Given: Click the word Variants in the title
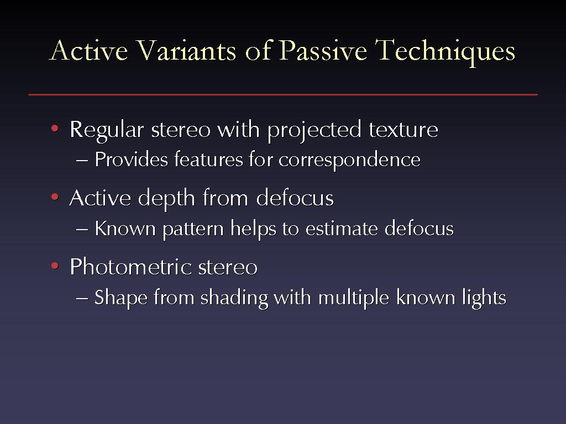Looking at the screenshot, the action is click(186, 50).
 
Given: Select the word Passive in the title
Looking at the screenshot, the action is click(323, 50).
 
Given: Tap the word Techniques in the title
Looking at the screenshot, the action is click(445, 52).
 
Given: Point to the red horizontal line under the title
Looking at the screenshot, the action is click(283, 95).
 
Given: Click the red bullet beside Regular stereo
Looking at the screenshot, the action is click(55, 128).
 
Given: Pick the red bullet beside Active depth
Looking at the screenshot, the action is click(55, 197).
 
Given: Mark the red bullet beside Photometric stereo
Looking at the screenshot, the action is click(55, 266).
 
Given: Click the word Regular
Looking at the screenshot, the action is click(107, 130).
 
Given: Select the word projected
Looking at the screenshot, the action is click(314, 130).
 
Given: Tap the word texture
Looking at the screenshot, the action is click(403, 129).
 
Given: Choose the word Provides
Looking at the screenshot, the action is click(131, 159).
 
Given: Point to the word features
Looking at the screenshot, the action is click(208, 159).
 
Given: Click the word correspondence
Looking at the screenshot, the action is click(349, 161).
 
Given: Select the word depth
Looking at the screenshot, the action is click(166, 199).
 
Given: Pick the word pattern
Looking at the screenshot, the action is click(193, 229).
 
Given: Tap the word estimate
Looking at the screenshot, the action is click(342, 229).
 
